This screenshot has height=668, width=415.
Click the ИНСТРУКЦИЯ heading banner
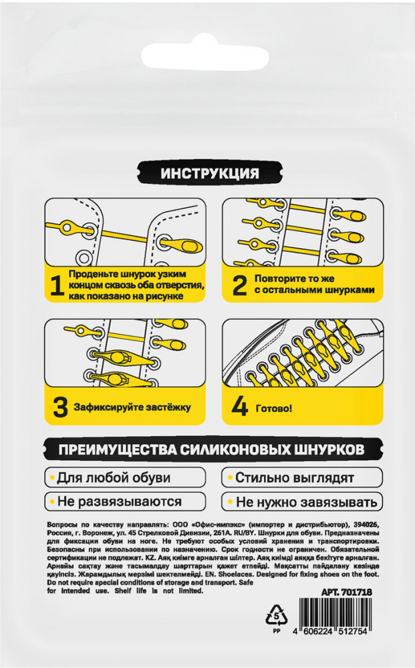[x=210, y=173]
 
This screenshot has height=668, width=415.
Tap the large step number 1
[x=57, y=286]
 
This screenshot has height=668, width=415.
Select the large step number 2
[x=239, y=286]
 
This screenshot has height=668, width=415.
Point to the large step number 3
[x=61, y=407]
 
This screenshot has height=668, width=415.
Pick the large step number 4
[x=239, y=407]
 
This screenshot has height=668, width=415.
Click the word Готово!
[x=274, y=408]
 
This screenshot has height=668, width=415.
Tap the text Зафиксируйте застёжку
[x=132, y=407]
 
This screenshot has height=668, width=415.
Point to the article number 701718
[x=356, y=592]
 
